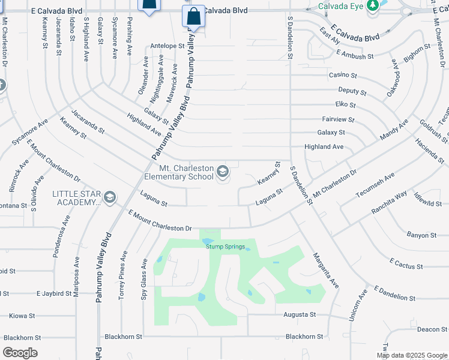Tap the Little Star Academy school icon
point(110,197)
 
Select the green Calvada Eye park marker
point(373,5)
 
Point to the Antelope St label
point(167,46)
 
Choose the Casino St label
point(343,76)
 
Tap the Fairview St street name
point(338,119)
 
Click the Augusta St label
point(299,314)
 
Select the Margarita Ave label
point(326,270)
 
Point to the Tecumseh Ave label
point(375,185)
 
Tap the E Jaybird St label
point(54,294)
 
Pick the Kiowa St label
point(22,316)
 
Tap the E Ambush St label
point(355,55)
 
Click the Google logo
point(20,353)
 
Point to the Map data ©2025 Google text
point(411,355)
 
